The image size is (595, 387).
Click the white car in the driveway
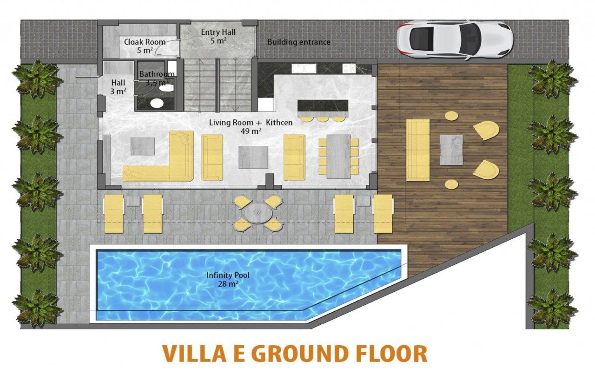point(455,40)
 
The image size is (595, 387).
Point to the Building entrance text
point(299,42)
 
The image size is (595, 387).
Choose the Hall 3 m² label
point(118,87)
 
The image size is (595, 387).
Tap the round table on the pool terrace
point(257,213)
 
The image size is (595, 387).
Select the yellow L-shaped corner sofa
point(159,157)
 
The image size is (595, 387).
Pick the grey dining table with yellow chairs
point(339,157)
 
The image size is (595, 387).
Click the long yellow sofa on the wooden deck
point(418,150)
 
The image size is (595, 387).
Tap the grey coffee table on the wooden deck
point(451,150)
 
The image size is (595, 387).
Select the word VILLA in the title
point(194,354)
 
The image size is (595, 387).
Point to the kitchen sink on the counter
point(304,68)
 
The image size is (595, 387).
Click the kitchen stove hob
point(349,68)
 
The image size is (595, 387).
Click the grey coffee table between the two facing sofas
point(253,157)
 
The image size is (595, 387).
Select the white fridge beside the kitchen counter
point(265,105)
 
